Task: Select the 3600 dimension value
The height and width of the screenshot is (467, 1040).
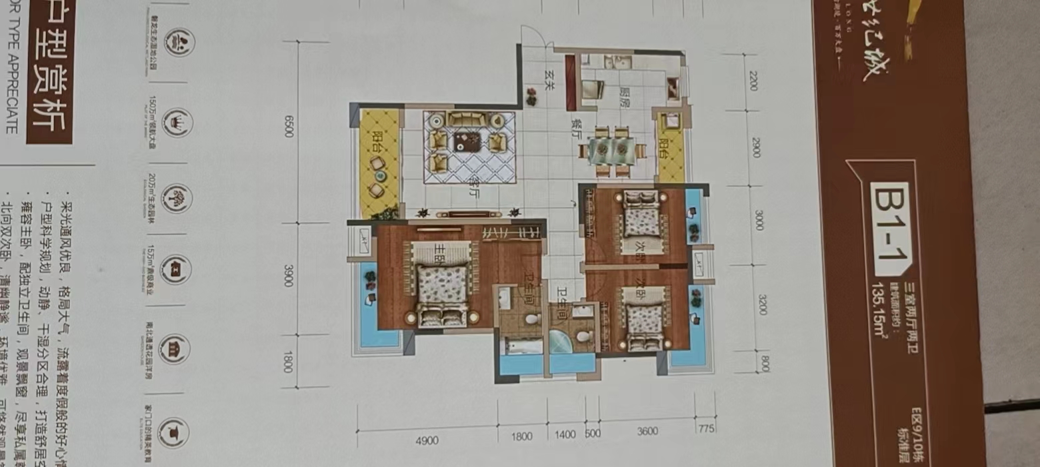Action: coord(647,431)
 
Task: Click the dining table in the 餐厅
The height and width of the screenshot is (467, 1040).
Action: coord(612,151)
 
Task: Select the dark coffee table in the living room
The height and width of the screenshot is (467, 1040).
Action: coord(467,141)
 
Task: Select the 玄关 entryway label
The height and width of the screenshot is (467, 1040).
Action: coord(550,79)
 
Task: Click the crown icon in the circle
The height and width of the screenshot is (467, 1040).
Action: coord(178,121)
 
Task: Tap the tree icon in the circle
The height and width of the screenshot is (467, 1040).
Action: coord(178,198)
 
